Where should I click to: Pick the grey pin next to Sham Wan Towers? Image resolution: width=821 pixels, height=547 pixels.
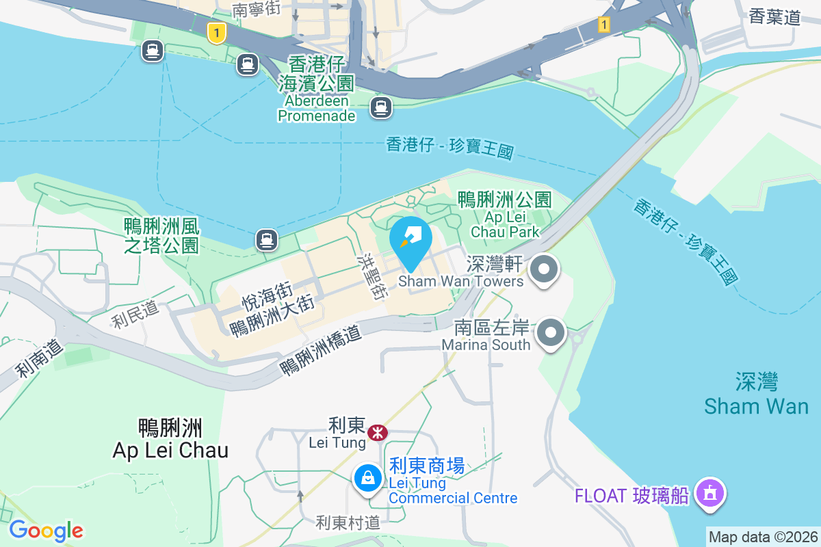point(544,269)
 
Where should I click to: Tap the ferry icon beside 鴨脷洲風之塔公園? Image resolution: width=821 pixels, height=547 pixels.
point(266,239)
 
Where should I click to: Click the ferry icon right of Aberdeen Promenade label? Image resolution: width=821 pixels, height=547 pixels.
point(381,107)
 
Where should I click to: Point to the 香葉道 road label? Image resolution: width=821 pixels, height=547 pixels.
point(774,17)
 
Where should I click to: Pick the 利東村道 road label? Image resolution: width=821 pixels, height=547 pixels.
point(348,523)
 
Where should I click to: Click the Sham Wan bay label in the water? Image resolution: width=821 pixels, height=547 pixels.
point(757,395)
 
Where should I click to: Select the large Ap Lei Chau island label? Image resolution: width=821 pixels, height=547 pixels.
point(170,439)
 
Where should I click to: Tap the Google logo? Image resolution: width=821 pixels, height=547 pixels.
point(46,531)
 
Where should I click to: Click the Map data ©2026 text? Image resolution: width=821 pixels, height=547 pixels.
point(763,537)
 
